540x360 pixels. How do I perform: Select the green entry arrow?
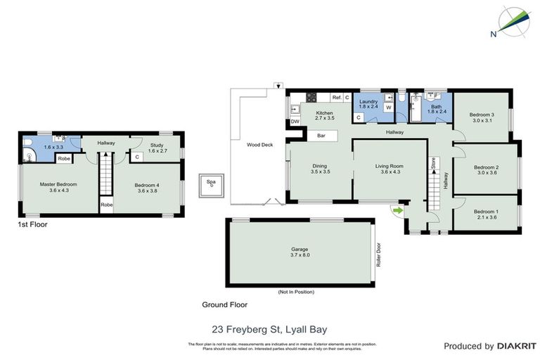coord(398,209)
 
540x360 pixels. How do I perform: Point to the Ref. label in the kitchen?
coord(337,97)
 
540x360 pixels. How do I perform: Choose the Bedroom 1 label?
coord(486,214)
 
